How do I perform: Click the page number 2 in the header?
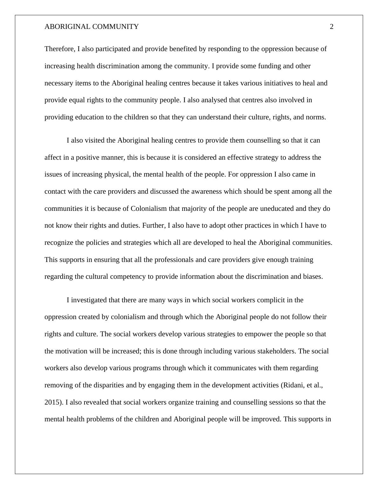(332, 27)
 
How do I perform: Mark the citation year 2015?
(52, 402)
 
